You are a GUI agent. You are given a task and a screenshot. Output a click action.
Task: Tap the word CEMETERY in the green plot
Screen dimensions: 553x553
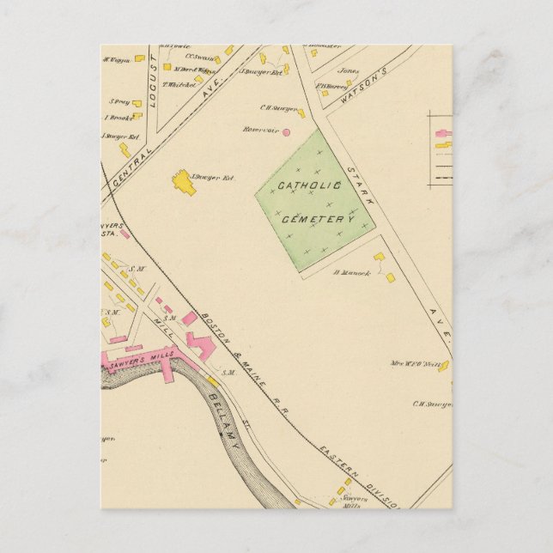(318, 220)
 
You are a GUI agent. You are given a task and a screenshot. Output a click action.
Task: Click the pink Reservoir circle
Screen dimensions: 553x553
(287, 132)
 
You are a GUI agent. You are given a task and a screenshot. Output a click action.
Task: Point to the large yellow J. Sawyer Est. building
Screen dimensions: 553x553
(183, 182)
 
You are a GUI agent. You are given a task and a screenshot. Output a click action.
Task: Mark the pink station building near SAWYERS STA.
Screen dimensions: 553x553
(125, 233)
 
